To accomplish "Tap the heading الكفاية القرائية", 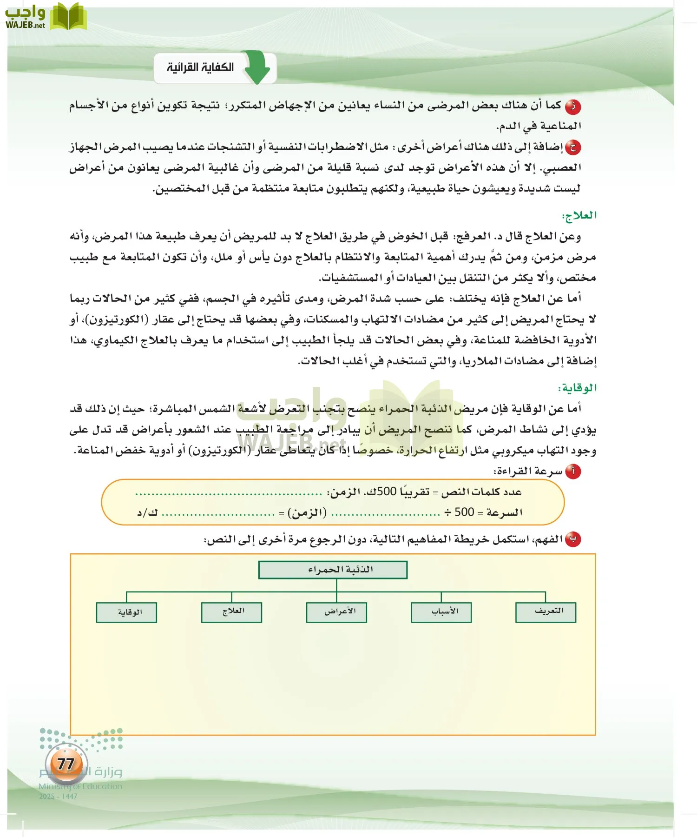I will click(200, 68).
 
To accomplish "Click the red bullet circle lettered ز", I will click(573, 106).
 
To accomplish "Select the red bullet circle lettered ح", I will click(573, 148).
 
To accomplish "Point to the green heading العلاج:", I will click(579, 215).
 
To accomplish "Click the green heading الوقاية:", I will click(577, 388).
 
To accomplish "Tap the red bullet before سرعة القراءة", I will click(573, 472).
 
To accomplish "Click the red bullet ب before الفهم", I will click(573, 539).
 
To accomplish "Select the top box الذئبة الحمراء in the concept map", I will click(333, 570).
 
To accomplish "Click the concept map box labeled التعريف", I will click(546, 612).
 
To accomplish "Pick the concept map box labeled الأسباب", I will click(441, 612).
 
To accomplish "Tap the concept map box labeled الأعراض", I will click(336, 612).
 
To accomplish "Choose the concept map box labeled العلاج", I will click(231, 612).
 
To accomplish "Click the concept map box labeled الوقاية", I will click(126, 612).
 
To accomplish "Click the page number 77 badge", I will click(66, 764).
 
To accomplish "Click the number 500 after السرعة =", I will click(464, 512).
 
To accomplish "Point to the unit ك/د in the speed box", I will click(147, 512).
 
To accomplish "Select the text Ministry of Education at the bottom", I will click(80, 786).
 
